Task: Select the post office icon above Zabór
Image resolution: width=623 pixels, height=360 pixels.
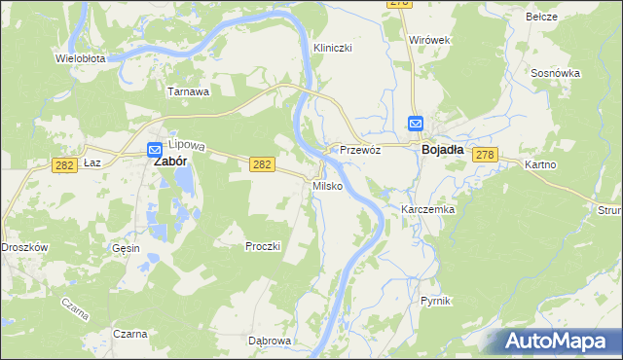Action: tap(155, 150)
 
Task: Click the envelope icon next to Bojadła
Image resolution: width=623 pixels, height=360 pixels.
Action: tap(416, 123)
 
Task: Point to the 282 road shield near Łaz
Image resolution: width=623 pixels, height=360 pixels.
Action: tap(65, 166)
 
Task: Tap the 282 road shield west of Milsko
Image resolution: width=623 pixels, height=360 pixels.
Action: tap(261, 166)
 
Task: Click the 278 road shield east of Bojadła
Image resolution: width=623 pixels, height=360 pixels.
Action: tap(487, 156)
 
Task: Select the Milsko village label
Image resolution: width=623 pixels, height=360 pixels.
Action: tap(326, 185)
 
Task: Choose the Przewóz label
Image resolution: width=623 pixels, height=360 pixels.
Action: tap(359, 150)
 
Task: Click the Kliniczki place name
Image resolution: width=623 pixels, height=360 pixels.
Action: tap(332, 48)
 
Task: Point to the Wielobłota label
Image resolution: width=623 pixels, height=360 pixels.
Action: tap(81, 58)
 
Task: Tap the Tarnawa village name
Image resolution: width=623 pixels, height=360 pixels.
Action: tap(189, 92)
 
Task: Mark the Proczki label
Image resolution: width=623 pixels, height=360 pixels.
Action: tap(263, 246)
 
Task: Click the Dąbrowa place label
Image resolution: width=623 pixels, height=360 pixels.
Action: tap(270, 341)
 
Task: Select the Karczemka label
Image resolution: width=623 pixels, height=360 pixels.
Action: tap(428, 209)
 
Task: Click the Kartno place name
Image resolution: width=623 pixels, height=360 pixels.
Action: tap(540, 164)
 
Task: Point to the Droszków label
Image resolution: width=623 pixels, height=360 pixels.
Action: tap(24, 247)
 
